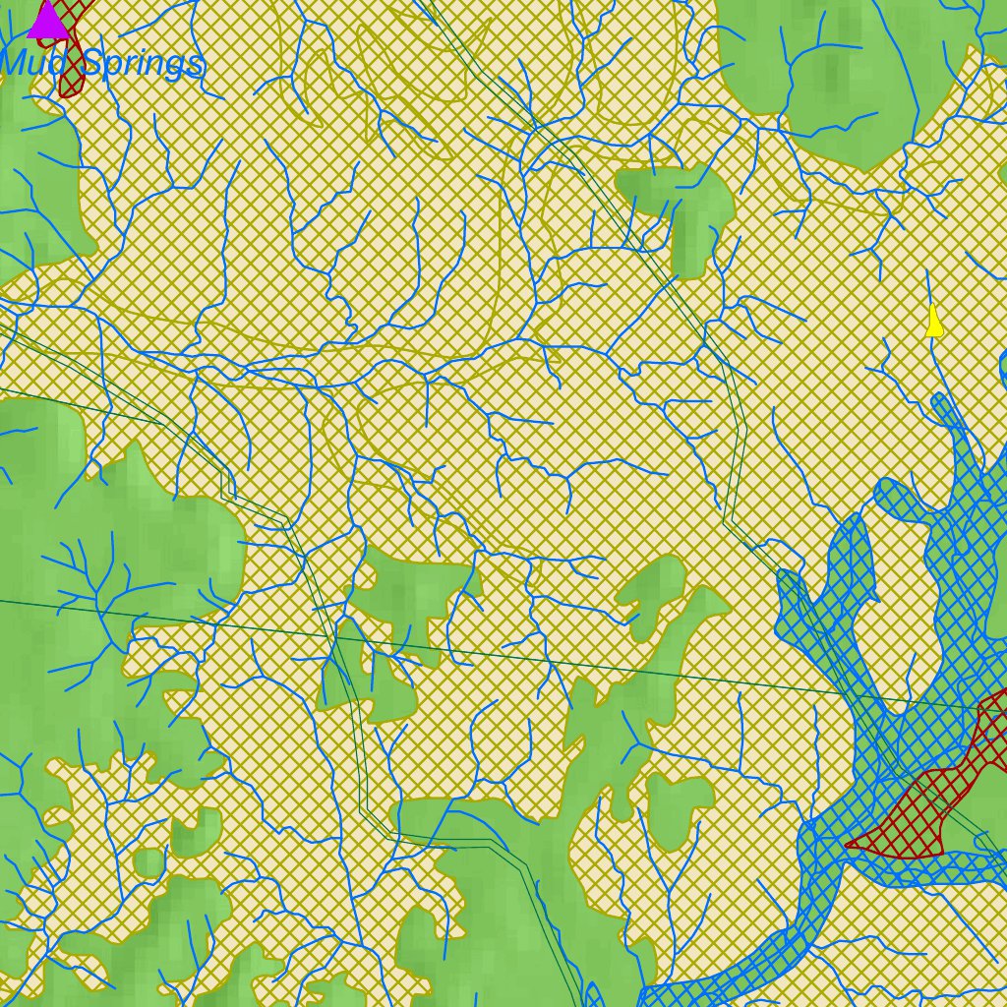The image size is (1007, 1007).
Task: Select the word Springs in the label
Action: click(x=144, y=65)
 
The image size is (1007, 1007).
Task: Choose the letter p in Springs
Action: click(x=114, y=69)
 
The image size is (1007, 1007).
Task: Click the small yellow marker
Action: click(x=934, y=323)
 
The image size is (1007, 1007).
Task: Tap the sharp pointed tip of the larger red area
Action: click(x=848, y=844)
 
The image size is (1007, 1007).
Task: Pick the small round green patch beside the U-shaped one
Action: click(x=148, y=863)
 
